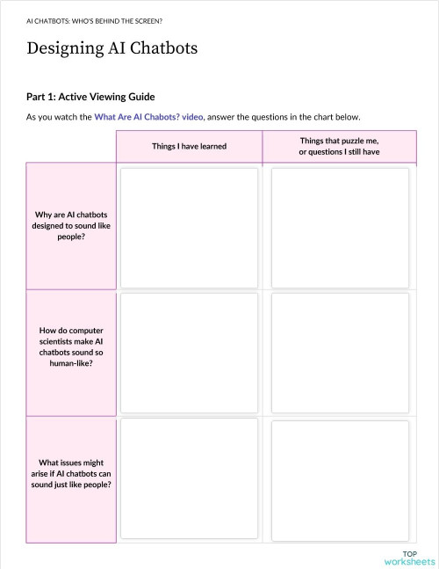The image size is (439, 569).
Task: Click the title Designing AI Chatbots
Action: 112,48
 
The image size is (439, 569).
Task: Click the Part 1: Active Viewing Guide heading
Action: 90,97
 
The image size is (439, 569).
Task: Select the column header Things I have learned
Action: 189,145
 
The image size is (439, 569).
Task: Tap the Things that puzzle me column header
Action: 339,145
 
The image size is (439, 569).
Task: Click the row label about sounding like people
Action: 71,225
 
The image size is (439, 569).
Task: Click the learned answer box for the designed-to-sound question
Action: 189,225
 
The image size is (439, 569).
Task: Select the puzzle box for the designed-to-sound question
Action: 340,225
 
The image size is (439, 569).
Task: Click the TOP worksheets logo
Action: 409,557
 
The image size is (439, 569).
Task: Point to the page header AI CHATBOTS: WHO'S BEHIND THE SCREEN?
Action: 94,18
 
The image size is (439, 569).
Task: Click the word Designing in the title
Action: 67,48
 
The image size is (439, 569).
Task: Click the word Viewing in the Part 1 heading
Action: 114,97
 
